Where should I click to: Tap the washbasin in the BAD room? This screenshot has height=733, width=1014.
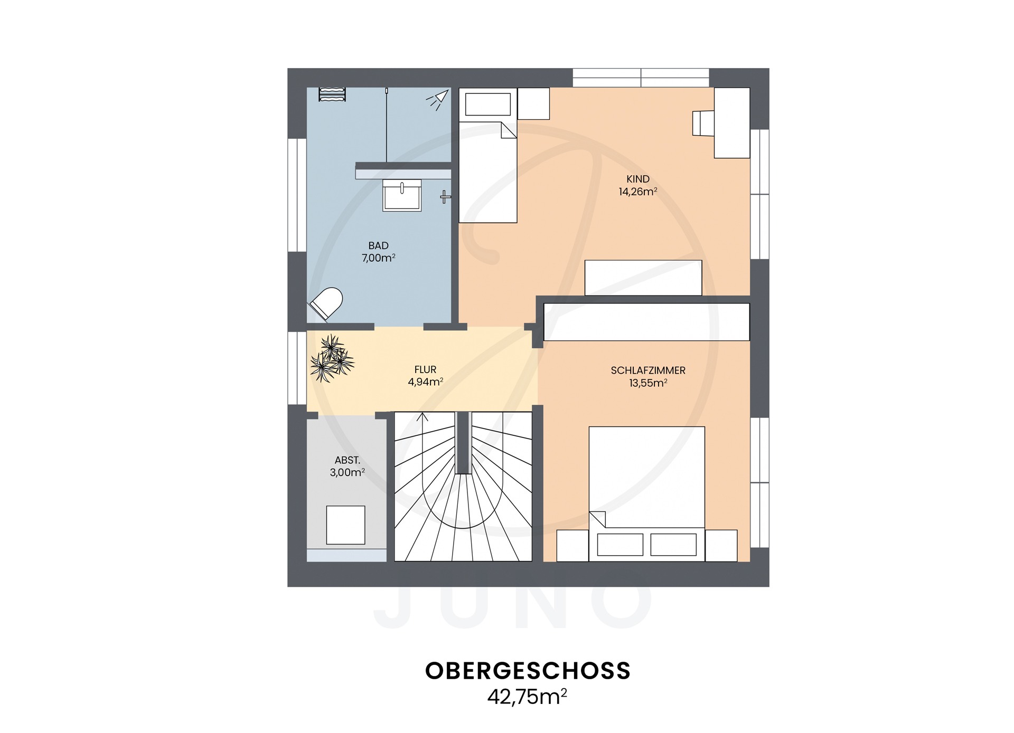pos(402,196)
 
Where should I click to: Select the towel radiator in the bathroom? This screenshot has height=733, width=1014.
pos(332,94)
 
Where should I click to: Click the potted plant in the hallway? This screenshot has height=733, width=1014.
pos(332,359)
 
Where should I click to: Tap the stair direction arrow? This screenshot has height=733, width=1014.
pos(422,418)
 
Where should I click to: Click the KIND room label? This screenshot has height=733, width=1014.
pos(637,179)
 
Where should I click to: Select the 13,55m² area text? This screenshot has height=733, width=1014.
pos(648,384)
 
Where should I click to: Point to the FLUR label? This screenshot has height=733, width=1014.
pos(425,370)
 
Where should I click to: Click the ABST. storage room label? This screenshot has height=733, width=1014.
pos(347,460)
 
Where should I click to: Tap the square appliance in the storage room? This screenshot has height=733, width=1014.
pos(345,525)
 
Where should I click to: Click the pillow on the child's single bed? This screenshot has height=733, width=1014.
pos(487,104)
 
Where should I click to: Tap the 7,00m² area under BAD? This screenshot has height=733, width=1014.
pos(378,258)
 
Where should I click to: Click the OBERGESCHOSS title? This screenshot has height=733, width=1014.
pos(528,671)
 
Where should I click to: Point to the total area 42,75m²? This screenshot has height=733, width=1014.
pos(527,697)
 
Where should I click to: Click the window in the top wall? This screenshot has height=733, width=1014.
pos(641,78)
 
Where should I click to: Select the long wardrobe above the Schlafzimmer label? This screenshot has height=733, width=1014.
pos(646,322)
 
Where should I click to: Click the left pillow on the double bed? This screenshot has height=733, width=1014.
pos(620,545)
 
